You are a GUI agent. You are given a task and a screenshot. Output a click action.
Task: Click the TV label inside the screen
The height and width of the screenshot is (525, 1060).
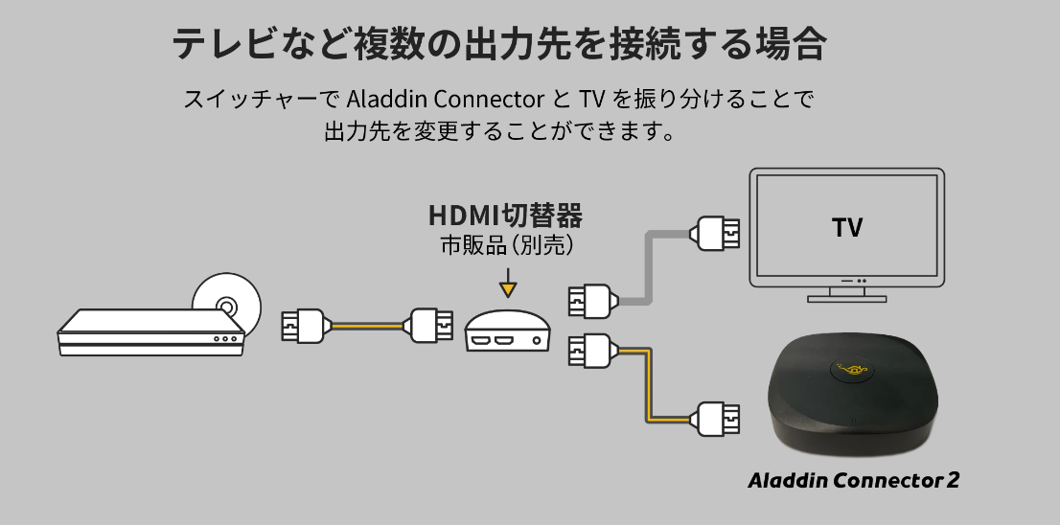coord(847,228)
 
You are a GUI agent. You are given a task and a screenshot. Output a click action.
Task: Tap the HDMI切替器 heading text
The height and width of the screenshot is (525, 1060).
coord(505,215)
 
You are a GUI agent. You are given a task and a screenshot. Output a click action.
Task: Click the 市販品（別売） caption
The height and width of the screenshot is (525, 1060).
coord(506,246)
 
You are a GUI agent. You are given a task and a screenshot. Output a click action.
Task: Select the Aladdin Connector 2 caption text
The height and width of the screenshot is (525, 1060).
coord(853,479)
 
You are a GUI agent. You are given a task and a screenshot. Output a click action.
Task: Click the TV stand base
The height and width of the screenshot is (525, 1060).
coord(846,297)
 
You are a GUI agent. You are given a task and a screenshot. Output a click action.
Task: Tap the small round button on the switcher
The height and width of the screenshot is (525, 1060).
coord(542,339)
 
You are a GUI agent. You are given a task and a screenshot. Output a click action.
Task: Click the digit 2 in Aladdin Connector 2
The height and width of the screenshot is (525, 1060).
coord(952,479)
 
